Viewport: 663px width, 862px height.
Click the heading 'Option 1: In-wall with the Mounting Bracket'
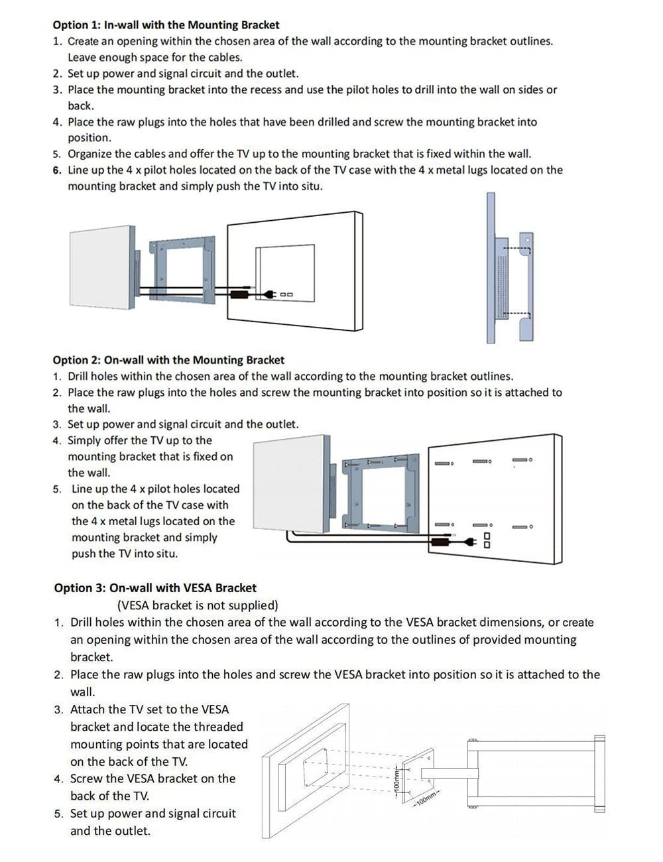pyautogui.click(x=166, y=25)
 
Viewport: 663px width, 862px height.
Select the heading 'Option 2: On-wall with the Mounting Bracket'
pyautogui.click(x=168, y=360)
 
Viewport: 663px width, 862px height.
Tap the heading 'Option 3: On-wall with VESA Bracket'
pyautogui.click(x=155, y=587)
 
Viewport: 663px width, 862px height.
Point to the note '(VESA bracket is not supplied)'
pyautogui.click(x=198, y=605)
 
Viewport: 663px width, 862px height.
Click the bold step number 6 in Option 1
pyautogui.click(x=57, y=170)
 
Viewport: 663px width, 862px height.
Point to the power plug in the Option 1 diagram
pyautogui.click(x=269, y=294)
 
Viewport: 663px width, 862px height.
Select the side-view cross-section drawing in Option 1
pyautogui.click(x=509, y=269)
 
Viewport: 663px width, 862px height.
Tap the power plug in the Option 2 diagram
pyautogui.click(x=469, y=542)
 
